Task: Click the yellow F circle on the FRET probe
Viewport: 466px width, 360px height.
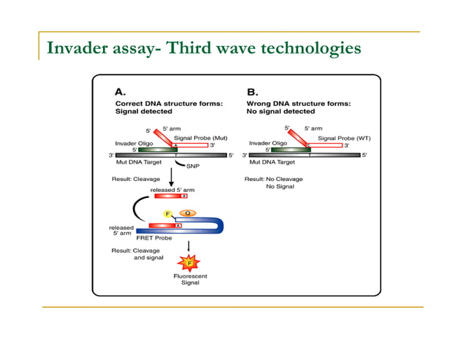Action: click(167, 213)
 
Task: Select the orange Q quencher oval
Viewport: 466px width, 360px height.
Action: click(187, 213)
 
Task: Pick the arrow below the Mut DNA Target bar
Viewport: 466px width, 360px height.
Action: click(170, 176)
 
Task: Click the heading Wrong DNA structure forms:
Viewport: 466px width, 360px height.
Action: click(299, 104)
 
